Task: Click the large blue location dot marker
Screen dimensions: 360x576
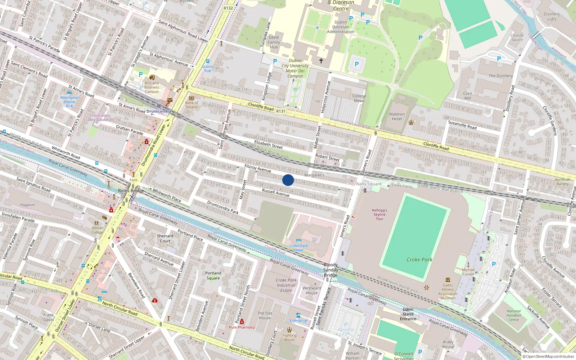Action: (288, 180)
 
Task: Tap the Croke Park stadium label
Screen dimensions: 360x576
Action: (419, 260)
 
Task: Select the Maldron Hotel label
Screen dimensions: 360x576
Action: (397, 117)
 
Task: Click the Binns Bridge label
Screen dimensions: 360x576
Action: (131, 191)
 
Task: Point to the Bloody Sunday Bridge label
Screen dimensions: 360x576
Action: (330, 270)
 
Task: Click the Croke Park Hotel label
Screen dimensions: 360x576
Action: (298, 248)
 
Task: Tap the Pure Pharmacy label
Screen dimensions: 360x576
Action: (242, 327)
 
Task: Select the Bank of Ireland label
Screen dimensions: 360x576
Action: (192, 105)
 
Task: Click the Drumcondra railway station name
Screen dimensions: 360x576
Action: (159, 111)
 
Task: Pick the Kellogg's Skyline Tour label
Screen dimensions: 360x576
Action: (379, 214)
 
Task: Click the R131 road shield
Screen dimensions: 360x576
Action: (281, 111)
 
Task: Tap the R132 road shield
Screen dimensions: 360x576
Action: (228, 8)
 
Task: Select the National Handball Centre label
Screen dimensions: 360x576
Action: (514, 315)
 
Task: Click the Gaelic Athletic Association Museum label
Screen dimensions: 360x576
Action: (448, 291)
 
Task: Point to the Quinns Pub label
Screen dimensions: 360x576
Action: (208, 68)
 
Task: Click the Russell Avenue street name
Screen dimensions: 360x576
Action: (275, 193)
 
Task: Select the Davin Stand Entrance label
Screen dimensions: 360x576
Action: (408, 314)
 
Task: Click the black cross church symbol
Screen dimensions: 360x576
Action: (321, 61)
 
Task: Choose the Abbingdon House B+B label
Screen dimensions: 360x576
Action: (69, 102)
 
